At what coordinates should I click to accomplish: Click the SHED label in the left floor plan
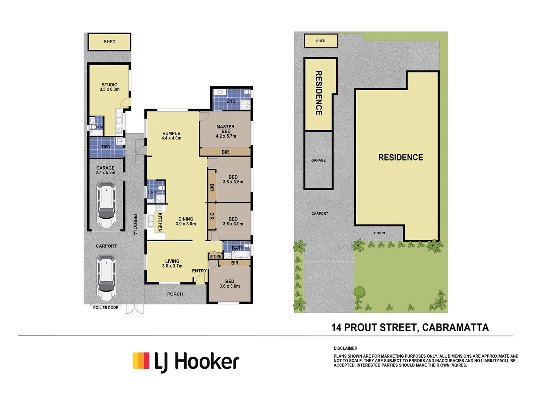(x=109, y=42)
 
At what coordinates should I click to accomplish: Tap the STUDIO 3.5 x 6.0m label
(x=110, y=87)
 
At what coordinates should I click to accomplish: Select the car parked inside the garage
(x=106, y=206)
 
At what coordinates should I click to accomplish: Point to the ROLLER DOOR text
(x=106, y=308)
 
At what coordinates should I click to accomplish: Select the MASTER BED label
(x=225, y=129)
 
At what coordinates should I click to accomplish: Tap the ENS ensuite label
(x=231, y=101)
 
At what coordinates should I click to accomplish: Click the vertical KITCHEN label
(x=160, y=222)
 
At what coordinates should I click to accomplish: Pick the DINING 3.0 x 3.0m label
(x=186, y=222)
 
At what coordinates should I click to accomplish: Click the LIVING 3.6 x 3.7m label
(x=172, y=263)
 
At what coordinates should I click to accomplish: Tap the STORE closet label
(x=215, y=256)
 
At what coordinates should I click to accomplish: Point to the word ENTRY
(x=199, y=271)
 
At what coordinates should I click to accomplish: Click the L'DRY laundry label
(x=105, y=147)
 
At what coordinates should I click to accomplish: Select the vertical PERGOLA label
(x=135, y=224)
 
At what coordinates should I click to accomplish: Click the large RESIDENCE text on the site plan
(x=401, y=158)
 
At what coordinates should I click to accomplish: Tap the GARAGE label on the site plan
(x=318, y=160)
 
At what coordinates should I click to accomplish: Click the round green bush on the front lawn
(x=360, y=292)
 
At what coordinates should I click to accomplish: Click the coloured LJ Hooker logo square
(x=141, y=361)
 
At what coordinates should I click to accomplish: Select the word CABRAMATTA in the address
(x=455, y=327)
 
